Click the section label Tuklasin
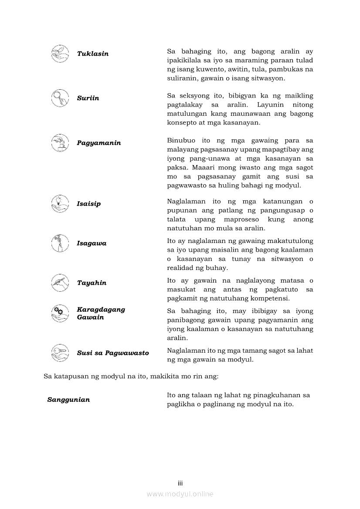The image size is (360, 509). tap(92, 54)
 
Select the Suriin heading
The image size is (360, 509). tap(88, 98)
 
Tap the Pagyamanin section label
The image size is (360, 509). tap(98, 143)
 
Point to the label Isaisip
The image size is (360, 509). tap(88, 204)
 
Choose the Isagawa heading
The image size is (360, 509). tap(92, 243)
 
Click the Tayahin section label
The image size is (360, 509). tap(92, 283)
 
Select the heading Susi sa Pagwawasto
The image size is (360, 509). tap(113, 353)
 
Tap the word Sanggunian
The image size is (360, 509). tap(68, 400)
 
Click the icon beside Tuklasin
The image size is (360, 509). tap(60, 54)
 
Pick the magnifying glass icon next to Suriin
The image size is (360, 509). tap(60, 98)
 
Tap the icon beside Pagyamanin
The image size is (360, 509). tap(60, 143)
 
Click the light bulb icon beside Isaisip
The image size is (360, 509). tap(60, 204)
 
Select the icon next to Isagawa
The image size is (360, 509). tap(60, 243)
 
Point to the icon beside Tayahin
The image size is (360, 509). tap(60, 283)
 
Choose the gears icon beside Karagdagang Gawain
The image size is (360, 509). tap(60, 313)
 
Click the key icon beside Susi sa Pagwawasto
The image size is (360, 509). tap(60, 353)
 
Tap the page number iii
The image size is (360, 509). tap(180, 483)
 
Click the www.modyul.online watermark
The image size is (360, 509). tap(180, 494)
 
